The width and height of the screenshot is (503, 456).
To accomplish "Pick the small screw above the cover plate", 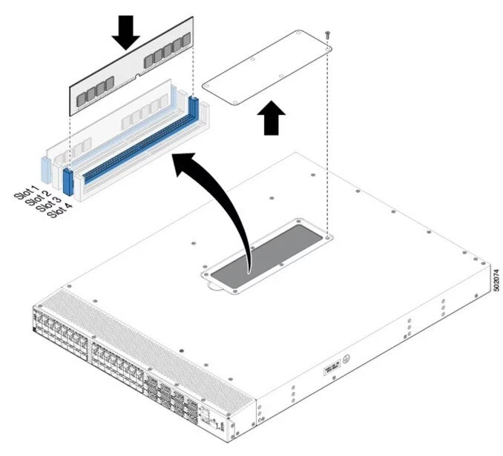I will point(327,34).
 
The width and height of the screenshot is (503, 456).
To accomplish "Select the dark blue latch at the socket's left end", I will point(69,182).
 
